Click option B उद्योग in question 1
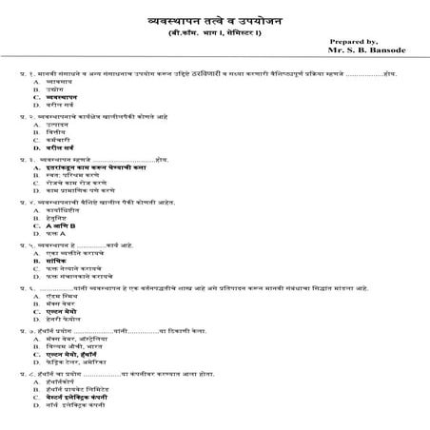[x=56, y=115]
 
